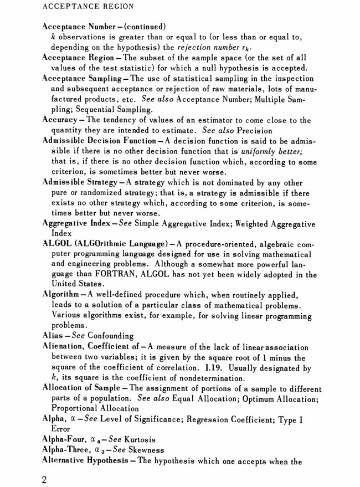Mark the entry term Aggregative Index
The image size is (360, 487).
pos(74,223)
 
